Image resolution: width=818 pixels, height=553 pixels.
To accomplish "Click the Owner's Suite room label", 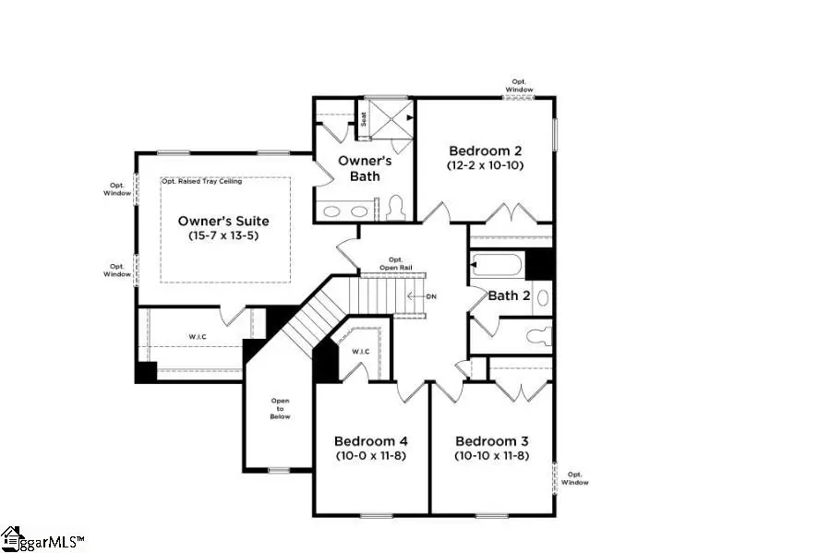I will [223, 221].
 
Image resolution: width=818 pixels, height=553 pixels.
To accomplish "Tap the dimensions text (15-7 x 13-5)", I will [223, 235].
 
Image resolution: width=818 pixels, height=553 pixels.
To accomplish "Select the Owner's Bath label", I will [365, 168].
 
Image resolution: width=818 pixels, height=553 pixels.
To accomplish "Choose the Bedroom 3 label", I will [491, 440].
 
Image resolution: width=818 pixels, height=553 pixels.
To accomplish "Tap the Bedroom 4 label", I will [370, 440].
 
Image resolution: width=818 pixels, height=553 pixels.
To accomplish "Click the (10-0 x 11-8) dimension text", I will [370, 456].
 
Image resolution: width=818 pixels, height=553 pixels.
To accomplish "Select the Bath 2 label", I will [509, 295].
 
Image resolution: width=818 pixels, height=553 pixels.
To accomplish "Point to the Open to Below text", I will [280, 408].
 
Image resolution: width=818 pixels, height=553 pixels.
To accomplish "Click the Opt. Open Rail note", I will [396, 263].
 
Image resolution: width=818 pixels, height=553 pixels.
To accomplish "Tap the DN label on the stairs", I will [430, 296].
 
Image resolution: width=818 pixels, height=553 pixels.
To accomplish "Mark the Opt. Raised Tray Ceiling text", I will [201, 181].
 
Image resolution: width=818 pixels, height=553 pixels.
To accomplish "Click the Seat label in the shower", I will [364, 118].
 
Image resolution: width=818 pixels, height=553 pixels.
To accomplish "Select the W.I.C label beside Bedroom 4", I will [361, 351].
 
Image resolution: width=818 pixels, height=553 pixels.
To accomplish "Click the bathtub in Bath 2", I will [495, 266].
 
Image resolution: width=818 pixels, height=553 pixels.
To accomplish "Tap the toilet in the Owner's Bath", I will [397, 207].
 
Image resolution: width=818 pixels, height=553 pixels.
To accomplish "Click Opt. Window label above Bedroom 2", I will [520, 86].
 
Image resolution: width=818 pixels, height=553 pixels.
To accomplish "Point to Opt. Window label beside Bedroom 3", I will [574, 477].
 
